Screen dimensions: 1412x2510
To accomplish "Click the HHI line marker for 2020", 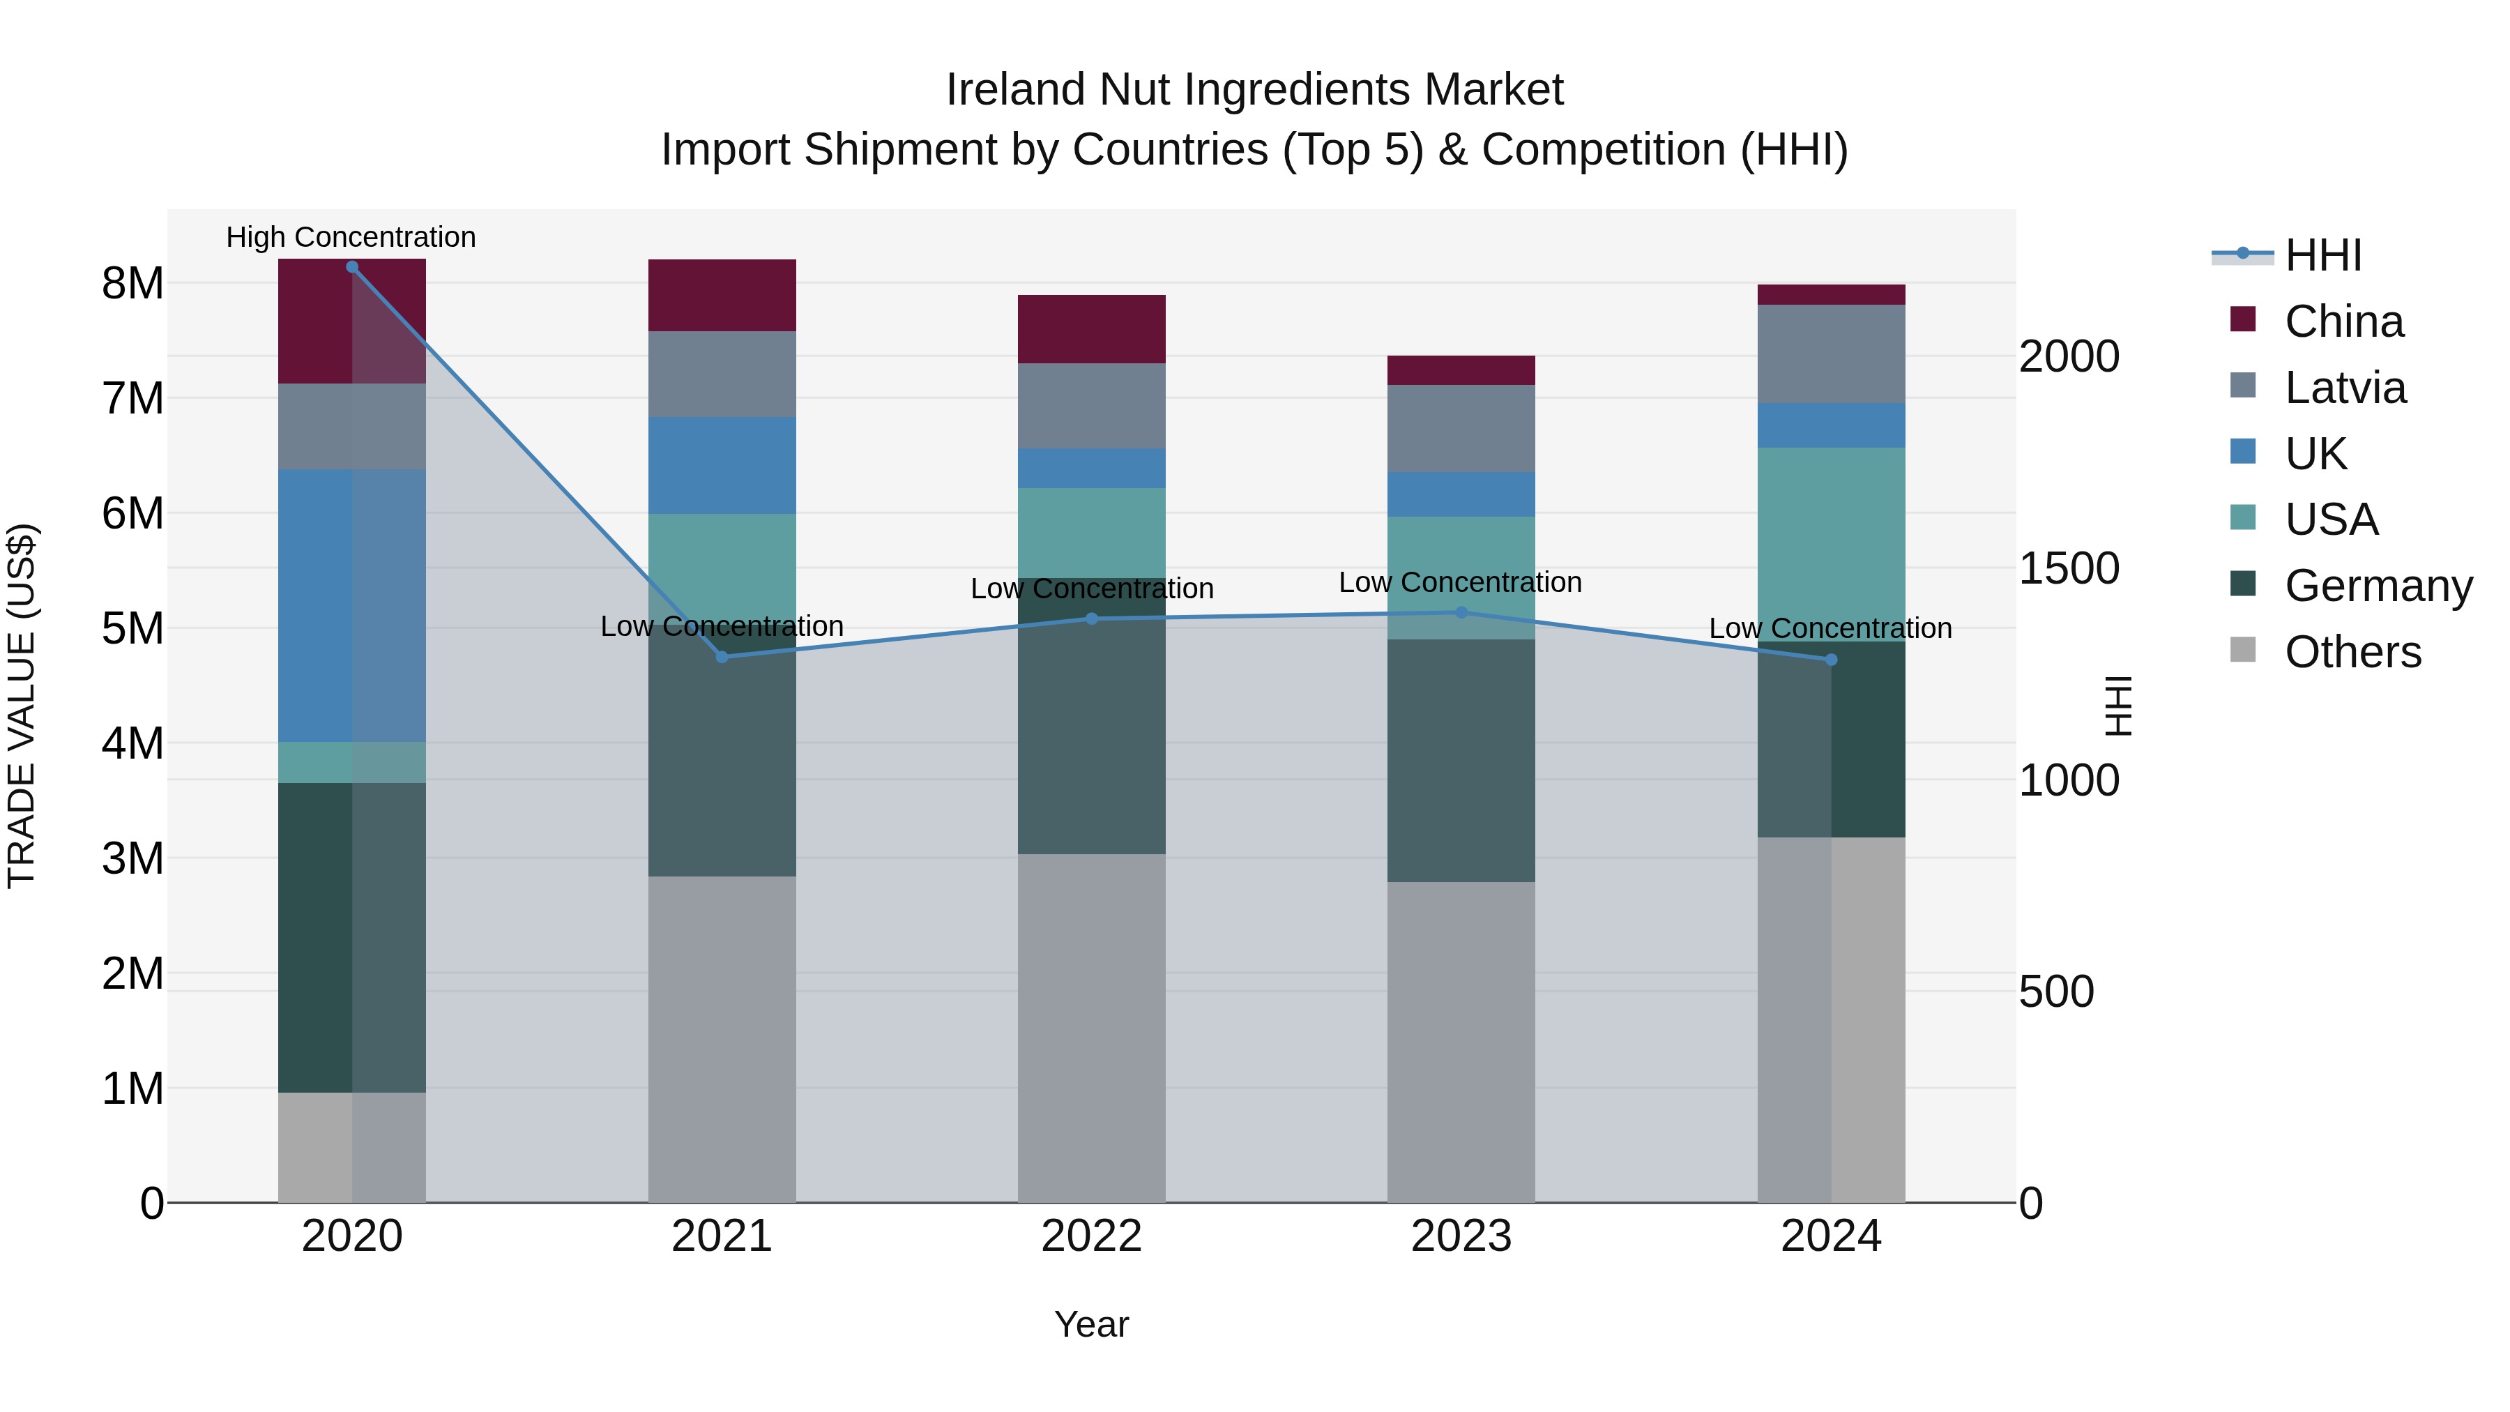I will pyautogui.click(x=352, y=267).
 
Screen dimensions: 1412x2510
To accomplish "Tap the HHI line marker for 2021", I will pyautogui.click(x=722, y=657).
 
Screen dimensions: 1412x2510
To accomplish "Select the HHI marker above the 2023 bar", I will pyautogui.click(x=1461, y=613).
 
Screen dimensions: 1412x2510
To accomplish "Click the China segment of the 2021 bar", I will pyautogui.click(x=722, y=295).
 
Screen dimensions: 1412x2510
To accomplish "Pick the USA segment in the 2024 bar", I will pyautogui.click(x=1831, y=544).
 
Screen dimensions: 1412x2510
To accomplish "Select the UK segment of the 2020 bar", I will pyautogui.click(x=352, y=605).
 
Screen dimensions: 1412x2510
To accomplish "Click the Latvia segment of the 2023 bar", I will pyautogui.click(x=1461, y=428).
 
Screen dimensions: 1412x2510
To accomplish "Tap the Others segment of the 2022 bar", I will pyautogui.click(x=1091, y=1027).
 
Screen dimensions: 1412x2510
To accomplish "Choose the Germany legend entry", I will pyautogui.click(x=2378, y=586).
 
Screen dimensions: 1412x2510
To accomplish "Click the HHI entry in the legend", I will pyautogui.click(x=2323, y=255).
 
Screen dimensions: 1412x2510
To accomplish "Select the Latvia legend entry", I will pyautogui.click(x=2344, y=388).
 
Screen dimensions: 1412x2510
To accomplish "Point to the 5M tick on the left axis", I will pyautogui.click(x=132, y=628).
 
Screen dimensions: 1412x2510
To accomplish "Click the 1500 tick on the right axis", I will pyautogui.click(x=2068, y=568).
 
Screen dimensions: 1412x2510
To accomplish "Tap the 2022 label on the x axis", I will pyautogui.click(x=1091, y=1236).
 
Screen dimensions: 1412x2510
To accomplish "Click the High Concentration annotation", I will pyautogui.click(x=351, y=237).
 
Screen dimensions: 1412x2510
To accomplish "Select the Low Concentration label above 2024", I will pyautogui.click(x=1830, y=628).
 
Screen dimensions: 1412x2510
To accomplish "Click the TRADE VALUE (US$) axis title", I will pyautogui.click(x=22, y=706).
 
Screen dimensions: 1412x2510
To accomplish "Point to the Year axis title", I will pyautogui.click(x=1091, y=1324).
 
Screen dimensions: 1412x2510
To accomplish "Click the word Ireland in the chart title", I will pyautogui.click(x=1017, y=90).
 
